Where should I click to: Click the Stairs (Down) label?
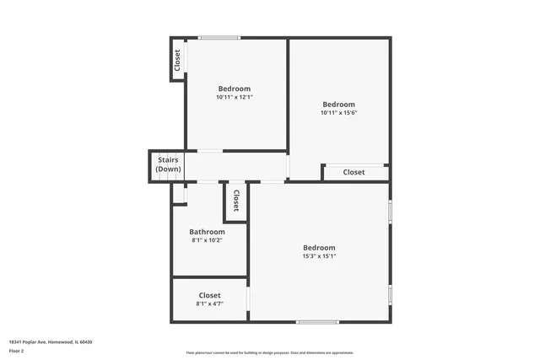(168, 164)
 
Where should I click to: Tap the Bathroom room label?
(207, 232)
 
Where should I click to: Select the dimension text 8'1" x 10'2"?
(207, 240)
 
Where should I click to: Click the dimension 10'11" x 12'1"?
(234, 97)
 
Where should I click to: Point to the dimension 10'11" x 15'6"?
(338, 113)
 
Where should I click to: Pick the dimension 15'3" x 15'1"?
(319, 256)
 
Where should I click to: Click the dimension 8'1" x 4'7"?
(209, 304)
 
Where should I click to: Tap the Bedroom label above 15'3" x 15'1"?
(319, 248)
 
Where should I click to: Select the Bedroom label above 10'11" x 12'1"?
(234, 89)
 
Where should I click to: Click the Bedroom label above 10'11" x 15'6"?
(338, 105)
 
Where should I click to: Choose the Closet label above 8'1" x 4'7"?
(209, 295)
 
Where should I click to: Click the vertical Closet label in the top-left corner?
(177, 60)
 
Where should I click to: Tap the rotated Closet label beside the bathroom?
(236, 200)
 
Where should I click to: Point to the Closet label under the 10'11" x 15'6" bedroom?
(354, 172)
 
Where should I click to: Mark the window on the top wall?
(219, 37)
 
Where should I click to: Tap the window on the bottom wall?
(318, 321)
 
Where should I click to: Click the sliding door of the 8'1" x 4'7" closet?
(248, 299)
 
